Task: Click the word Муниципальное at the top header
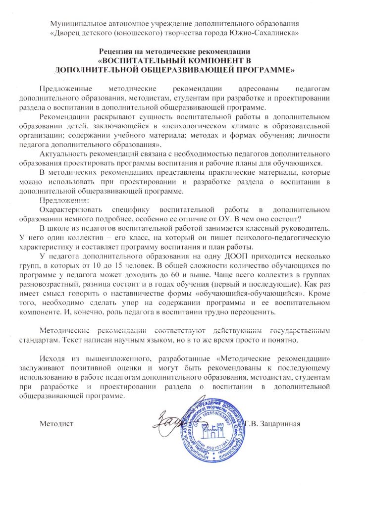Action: (x=77, y=23)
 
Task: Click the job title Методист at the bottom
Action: (x=56, y=423)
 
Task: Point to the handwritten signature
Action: (x=168, y=420)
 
